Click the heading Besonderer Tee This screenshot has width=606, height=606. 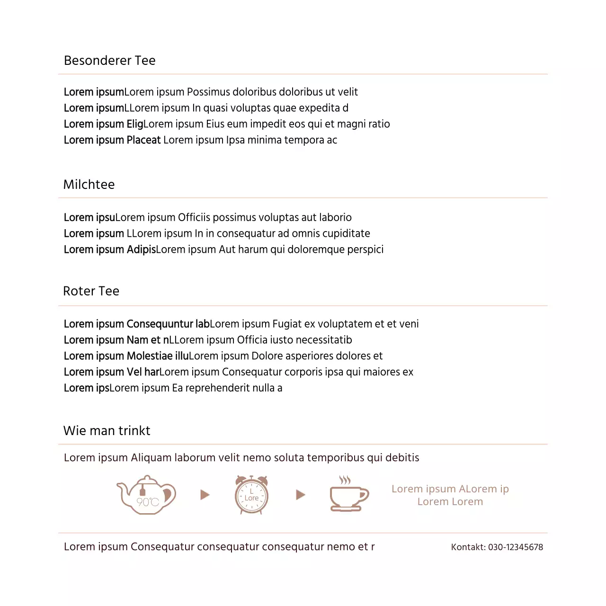pyautogui.click(x=109, y=61)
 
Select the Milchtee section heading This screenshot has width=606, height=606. pyautogui.click(x=89, y=185)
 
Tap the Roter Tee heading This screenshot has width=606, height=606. pyautogui.click(x=91, y=291)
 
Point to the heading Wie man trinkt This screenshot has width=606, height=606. pyautogui.click(x=107, y=431)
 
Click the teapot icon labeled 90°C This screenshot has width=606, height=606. pyautogui.click(x=146, y=495)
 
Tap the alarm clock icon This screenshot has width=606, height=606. pyautogui.click(x=251, y=495)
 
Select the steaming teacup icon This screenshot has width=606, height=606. pyautogui.click(x=349, y=495)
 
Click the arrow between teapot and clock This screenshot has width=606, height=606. pyautogui.click(x=205, y=495)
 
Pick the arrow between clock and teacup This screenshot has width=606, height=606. pyautogui.click(x=301, y=495)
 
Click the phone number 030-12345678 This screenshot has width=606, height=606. pyautogui.click(x=516, y=547)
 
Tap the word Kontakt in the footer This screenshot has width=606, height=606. pyautogui.click(x=468, y=547)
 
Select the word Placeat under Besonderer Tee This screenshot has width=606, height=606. pyautogui.click(x=144, y=140)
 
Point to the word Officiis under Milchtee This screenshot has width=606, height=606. pyautogui.click(x=194, y=217)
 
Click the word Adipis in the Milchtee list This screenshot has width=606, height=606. pyautogui.click(x=141, y=250)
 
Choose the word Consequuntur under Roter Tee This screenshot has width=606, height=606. pyautogui.click(x=160, y=324)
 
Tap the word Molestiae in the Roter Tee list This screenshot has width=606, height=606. pyautogui.click(x=150, y=356)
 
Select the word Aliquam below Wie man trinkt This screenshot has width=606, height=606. pyautogui.click(x=151, y=458)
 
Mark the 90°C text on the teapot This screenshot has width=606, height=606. pyautogui.click(x=148, y=502)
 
